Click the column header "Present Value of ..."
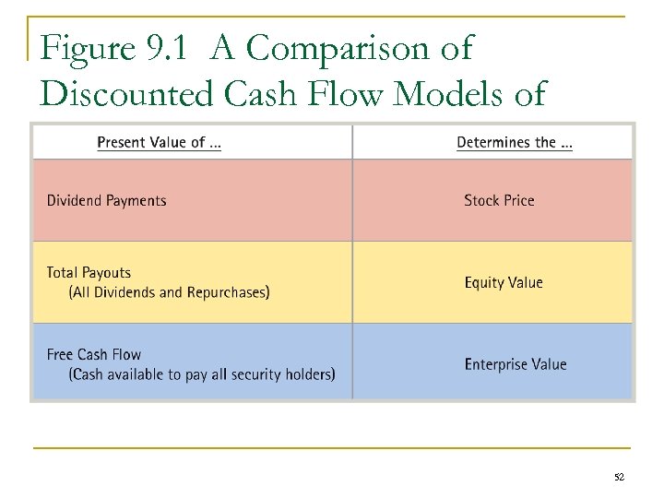159,142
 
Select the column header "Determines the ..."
514,142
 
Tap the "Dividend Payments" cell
106,201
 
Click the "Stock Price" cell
499,200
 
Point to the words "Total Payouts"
89,273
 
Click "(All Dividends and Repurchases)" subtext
169,293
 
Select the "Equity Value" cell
504,283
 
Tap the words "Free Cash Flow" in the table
93,355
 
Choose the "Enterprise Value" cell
515,365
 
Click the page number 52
619,478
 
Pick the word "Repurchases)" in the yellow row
230,293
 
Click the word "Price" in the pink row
518,200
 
